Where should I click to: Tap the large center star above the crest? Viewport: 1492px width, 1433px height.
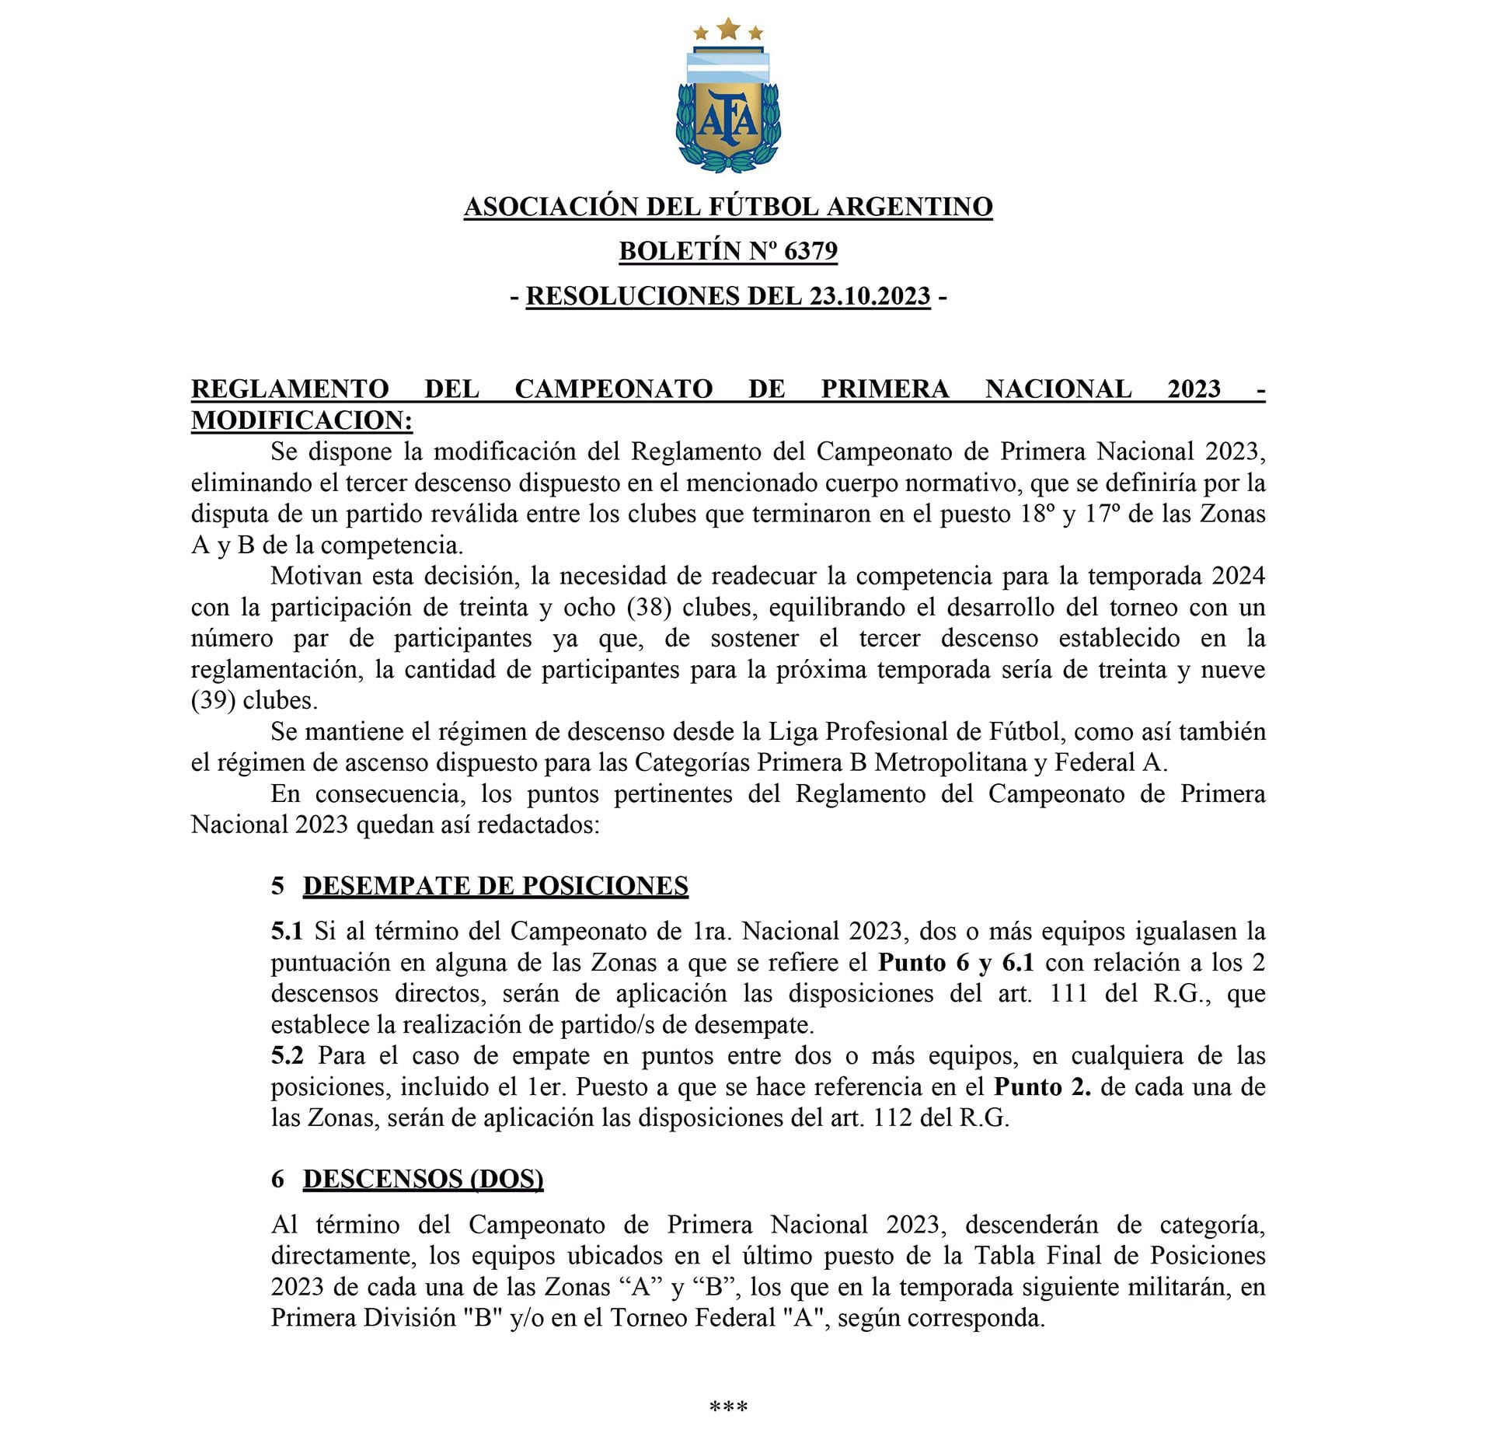click(x=728, y=29)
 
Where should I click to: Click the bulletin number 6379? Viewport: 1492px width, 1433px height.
click(x=810, y=251)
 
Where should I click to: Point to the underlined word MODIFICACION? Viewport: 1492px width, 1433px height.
click(x=302, y=420)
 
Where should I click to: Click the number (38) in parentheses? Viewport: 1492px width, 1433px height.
click(x=649, y=607)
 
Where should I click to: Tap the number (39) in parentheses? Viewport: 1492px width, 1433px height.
click(x=214, y=700)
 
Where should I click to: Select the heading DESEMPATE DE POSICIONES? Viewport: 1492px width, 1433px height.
click(x=495, y=886)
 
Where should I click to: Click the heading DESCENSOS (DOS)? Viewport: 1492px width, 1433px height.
click(x=423, y=1179)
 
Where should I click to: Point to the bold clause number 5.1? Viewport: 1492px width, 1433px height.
click(x=286, y=931)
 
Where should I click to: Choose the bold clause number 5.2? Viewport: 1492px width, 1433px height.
click(x=287, y=1055)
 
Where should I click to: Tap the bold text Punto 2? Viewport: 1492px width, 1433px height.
click(x=1042, y=1086)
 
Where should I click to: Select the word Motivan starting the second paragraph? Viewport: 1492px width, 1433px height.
click(x=315, y=576)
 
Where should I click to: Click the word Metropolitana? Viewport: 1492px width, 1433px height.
click(x=950, y=762)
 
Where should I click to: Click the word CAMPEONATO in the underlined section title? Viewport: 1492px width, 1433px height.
click(x=613, y=389)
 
